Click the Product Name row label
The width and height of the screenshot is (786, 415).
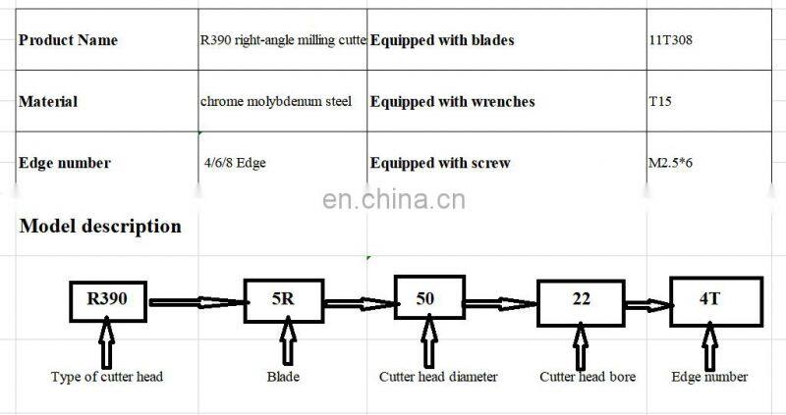pyautogui.click(x=68, y=40)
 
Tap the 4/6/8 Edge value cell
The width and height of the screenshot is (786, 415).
pyautogui.click(x=234, y=163)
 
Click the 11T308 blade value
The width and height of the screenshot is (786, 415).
pyautogui.click(x=669, y=40)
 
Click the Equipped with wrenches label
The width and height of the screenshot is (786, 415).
pyautogui.click(x=453, y=101)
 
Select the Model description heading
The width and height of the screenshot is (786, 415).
pyautogui.click(x=100, y=227)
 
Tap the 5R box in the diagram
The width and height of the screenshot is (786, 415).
pyautogui.click(x=283, y=299)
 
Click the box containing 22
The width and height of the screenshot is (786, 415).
pyautogui.click(x=582, y=299)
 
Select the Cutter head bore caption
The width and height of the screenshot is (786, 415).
pyautogui.click(x=588, y=377)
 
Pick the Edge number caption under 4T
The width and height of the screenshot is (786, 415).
pyautogui.click(x=709, y=377)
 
